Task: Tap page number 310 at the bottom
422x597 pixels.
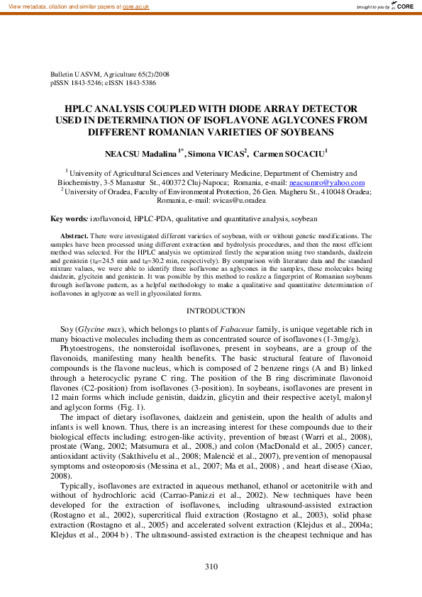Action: pyautogui.click(x=211, y=566)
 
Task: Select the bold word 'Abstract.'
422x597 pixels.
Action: pyautogui.click(x=74, y=235)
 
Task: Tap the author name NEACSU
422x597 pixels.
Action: pyautogui.click(x=124, y=153)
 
